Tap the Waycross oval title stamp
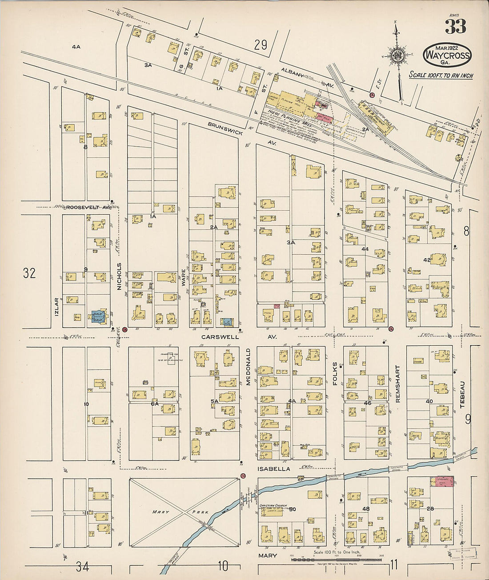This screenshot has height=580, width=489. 447,55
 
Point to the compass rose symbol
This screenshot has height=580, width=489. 397,55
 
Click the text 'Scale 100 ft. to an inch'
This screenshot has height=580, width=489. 441,75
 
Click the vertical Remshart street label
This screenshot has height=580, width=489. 398,384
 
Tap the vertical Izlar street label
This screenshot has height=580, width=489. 57,306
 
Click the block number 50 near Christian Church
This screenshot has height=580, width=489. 292,510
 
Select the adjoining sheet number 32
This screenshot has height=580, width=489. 29,273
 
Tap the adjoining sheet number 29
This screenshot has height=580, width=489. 261,44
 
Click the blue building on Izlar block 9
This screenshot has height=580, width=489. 98,316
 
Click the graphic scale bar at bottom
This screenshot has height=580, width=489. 336,559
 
